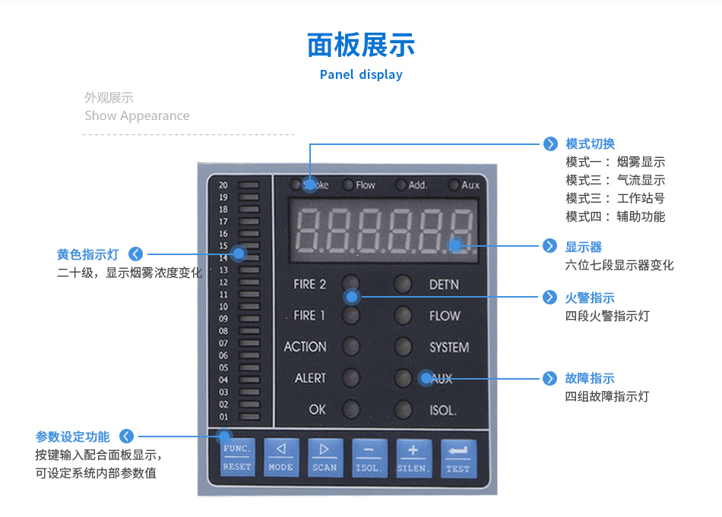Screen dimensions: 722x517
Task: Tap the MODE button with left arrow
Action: point(281,458)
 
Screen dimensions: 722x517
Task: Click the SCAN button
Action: point(325,458)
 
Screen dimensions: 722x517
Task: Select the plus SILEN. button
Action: point(413,458)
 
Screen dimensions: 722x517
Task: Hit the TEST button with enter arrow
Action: point(458,459)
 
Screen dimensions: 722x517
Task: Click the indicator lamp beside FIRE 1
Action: point(351,316)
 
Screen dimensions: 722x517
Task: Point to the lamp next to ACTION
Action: point(351,347)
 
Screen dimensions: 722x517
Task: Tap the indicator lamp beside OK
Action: point(351,409)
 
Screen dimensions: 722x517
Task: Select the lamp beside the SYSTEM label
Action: point(403,347)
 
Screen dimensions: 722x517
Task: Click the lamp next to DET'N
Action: point(403,284)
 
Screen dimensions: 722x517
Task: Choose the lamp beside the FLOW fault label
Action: point(403,316)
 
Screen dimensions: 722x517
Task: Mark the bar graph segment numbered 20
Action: point(249,185)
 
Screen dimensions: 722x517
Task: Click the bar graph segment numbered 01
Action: point(249,417)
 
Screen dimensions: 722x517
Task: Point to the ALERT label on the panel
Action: point(310,378)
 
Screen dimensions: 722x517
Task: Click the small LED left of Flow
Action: point(349,185)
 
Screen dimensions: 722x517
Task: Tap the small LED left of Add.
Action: point(401,185)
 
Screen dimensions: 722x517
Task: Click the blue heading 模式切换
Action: point(591,144)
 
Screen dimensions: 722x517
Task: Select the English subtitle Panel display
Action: point(361,74)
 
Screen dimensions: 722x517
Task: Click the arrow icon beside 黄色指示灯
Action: point(136,254)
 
